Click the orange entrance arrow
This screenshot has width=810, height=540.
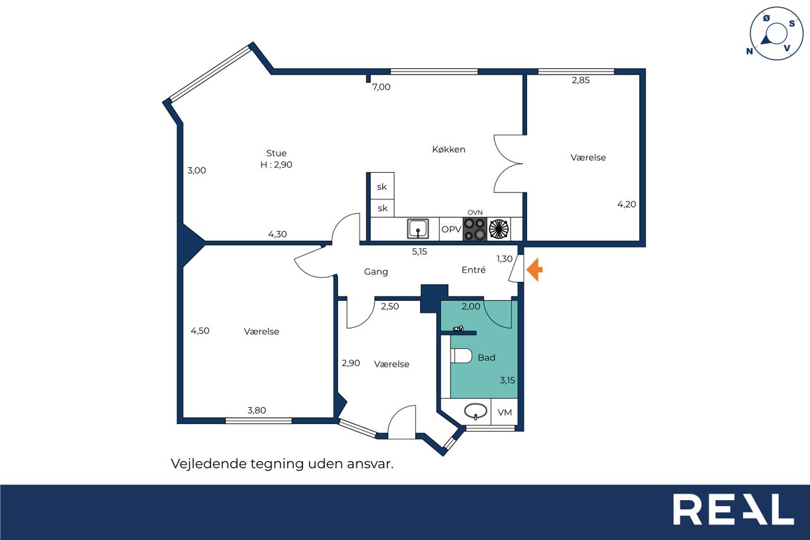coord(535,270)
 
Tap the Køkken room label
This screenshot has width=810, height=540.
coord(449,149)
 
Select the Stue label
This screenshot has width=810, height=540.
coord(277,153)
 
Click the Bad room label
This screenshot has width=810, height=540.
coord(487,358)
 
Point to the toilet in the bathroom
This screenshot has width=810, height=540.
coord(461,356)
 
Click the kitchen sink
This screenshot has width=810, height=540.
coord(418,229)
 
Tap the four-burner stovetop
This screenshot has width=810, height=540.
coord(475,229)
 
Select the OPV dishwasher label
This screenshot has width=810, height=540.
coord(451,229)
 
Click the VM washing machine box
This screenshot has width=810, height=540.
coord(504,412)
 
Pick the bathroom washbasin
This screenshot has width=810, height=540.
coord(475,411)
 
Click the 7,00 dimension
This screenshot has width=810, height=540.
coord(382,87)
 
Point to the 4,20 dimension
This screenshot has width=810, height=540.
coord(626,204)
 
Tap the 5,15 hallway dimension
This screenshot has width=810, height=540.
coord(420,251)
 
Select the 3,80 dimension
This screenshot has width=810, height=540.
coord(257,410)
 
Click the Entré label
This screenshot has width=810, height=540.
coord(474,270)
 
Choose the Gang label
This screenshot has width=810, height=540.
coord(376,272)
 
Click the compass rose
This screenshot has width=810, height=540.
coord(776,34)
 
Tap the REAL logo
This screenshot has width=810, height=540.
coord(733,509)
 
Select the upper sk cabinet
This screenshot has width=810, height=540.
coord(382,186)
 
